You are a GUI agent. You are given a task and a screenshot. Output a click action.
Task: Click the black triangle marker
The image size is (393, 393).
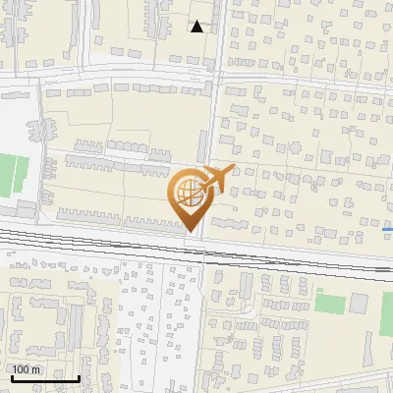point(197,27)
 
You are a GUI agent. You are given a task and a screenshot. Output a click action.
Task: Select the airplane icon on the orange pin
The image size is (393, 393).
point(216,178)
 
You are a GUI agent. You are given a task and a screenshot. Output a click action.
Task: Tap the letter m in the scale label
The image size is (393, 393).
point(37,369)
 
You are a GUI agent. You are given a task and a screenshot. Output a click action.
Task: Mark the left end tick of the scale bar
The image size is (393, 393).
point(10,377)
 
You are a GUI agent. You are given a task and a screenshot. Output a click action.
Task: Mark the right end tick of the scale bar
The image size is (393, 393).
point(80,377)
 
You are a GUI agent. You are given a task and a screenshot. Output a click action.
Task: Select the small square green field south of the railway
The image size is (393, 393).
point(330,303)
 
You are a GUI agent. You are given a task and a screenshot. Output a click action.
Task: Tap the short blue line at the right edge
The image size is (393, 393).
point(387,229)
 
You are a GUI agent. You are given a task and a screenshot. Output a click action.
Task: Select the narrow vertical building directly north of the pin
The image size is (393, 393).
point(201,147)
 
